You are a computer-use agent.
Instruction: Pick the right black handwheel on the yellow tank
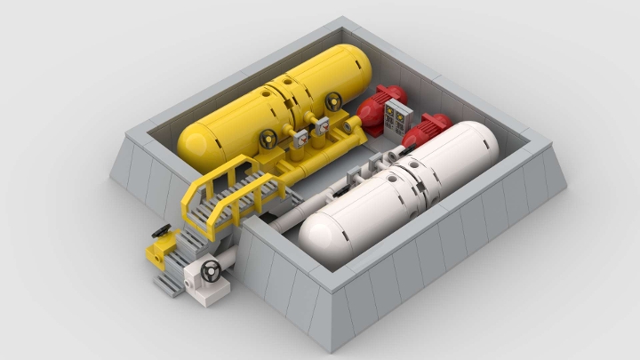(333, 102)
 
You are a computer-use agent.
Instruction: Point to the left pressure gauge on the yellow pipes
(300, 138)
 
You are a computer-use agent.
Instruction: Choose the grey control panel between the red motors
(397, 117)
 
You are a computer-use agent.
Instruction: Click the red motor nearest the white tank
(424, 130)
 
